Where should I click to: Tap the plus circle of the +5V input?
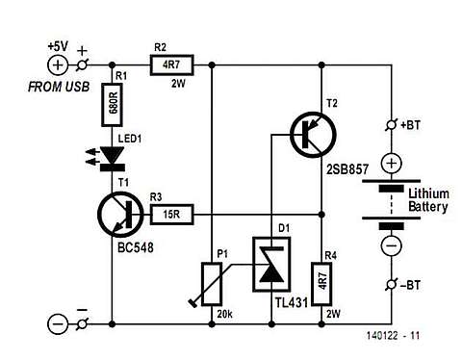click(x=59, y=64)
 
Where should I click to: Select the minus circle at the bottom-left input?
click(x=59, y=323)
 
